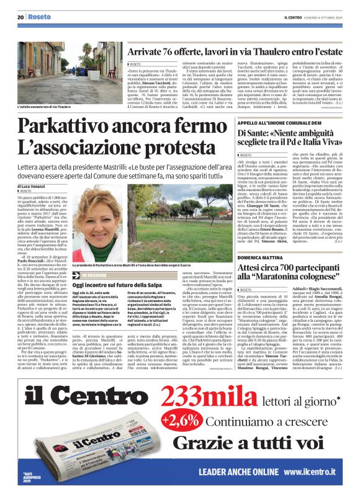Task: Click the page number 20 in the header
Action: coord(20,17)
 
